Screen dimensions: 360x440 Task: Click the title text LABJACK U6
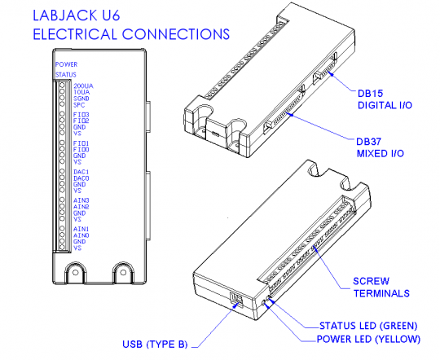coord(81,16)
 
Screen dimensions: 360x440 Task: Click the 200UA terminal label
coord(82,86)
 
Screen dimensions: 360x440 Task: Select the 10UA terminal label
coord(81,92)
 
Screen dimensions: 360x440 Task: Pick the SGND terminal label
coord(81,98)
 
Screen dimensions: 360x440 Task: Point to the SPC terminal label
coord(79,104)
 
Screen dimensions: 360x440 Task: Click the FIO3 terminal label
coord(81,115)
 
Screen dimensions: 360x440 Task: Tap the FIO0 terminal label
coord(81,150)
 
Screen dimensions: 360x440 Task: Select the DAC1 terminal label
coord(81,172)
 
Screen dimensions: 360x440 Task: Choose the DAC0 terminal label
coord(81,178)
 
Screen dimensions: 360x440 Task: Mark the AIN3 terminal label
coord(81,200)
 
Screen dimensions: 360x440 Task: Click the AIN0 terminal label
coord(81,235)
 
